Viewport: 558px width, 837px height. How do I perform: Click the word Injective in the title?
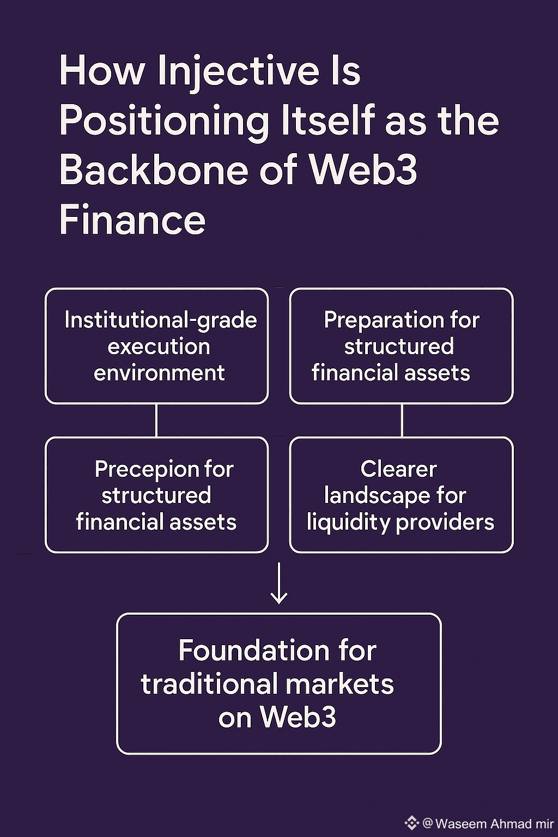coord(238,71)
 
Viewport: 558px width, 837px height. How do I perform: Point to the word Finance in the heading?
coord(132,220)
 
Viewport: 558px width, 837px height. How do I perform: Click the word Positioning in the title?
coord(164,120)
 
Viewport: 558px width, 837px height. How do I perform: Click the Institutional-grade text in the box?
coord(160,320)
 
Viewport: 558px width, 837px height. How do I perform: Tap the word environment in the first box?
coord(159,373)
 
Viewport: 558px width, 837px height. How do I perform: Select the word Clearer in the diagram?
coord(398,469)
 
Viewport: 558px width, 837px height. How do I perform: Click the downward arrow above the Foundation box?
coord(279,584)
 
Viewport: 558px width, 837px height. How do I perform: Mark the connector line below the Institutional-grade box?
coord(156,420)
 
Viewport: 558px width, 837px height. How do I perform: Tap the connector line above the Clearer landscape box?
coord(402,420)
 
